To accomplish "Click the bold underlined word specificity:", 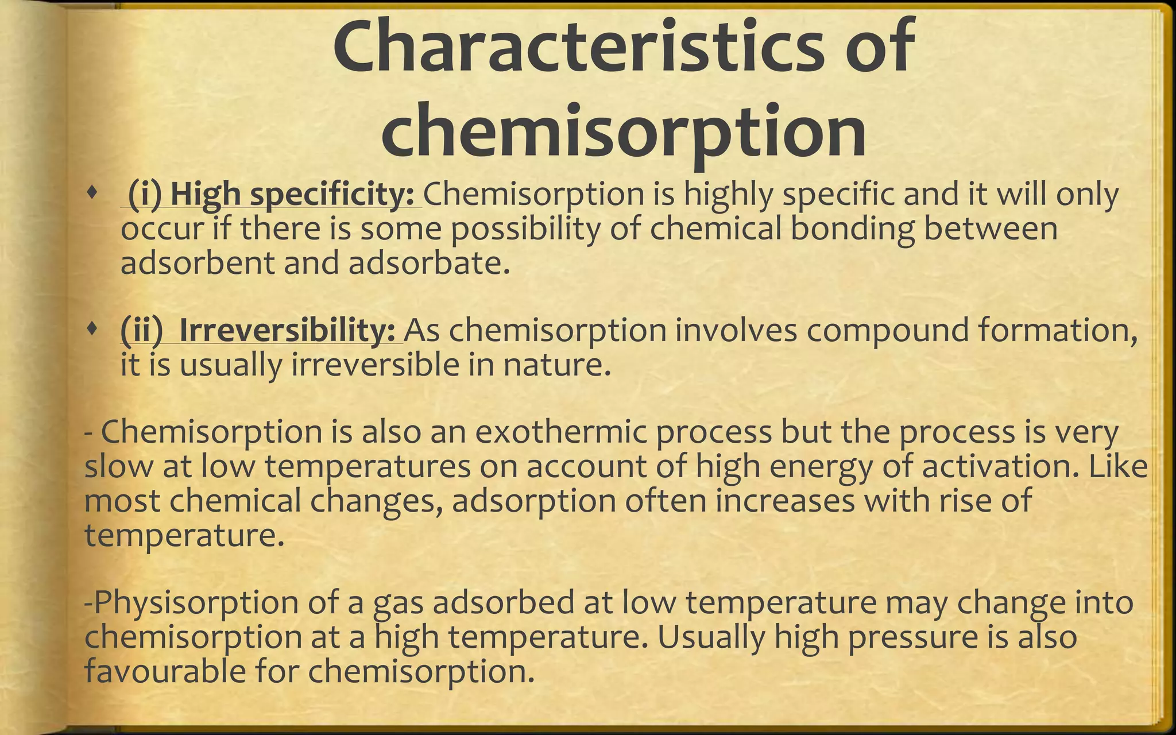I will (332, 194).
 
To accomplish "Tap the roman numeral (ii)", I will (142, 330).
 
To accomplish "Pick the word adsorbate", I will (429, 263).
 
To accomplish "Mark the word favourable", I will (165, 671).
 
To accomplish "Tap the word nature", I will (556, 365).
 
